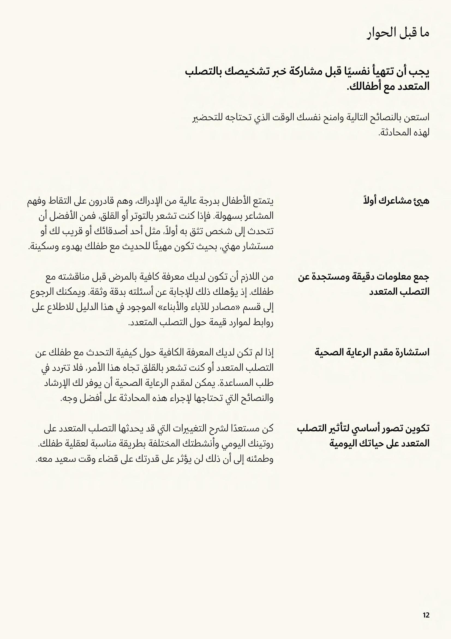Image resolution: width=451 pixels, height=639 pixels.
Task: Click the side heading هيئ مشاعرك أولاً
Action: (396, 201)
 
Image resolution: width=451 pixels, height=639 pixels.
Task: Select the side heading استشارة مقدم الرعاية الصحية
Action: (372, 353)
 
